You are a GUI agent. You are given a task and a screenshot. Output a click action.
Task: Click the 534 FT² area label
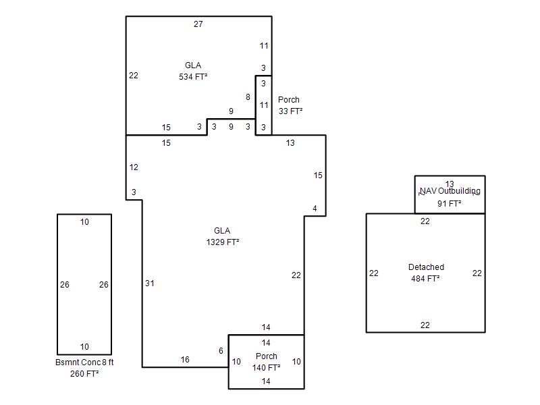[193, 76]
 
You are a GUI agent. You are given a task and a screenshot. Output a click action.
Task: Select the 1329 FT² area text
[223, 242]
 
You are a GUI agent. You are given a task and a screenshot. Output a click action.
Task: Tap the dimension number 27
[198, 24]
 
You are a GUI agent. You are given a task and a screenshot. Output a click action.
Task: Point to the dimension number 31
[149, 283]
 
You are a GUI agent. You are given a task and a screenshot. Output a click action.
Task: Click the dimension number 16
[185, 360]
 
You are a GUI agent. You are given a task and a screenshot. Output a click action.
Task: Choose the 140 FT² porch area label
[266, 367]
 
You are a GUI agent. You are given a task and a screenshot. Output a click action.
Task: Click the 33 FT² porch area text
[291, 111]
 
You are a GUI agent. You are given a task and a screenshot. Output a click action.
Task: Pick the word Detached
[426, 267]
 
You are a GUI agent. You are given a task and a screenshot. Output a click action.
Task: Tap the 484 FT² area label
[425, 278]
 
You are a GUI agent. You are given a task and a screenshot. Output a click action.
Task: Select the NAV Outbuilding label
[450, 191]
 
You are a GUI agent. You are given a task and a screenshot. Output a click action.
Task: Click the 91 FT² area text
[450, 204]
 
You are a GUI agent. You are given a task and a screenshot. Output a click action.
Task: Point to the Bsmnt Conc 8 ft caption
[84, 362]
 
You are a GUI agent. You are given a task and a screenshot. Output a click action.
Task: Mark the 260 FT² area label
[84, 374]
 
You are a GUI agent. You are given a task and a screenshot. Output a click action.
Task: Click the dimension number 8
[248, 97]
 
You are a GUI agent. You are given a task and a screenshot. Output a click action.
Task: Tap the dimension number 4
[315, 209]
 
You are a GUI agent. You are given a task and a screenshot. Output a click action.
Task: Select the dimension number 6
[221, 350]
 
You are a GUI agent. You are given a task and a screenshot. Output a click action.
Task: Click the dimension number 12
[134, 167]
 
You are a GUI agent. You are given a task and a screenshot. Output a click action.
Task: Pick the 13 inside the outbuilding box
[450, 184]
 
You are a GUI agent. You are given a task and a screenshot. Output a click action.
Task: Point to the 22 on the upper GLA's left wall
[134, 76]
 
